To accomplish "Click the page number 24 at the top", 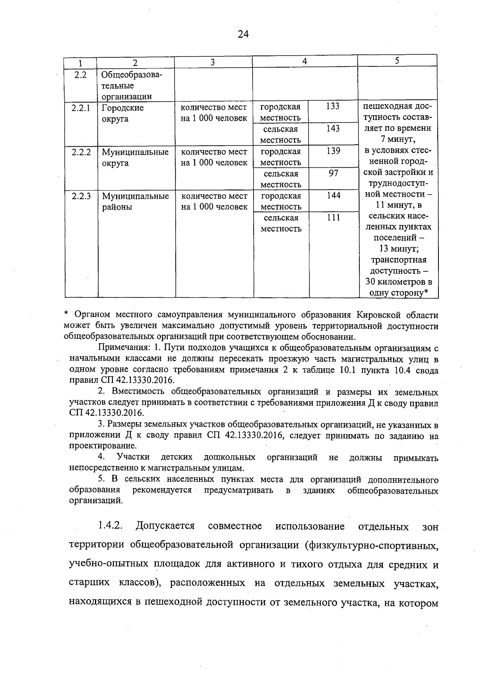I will click(243, 34).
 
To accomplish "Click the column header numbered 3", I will click(213, 62).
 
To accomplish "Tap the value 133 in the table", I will click(333, 106).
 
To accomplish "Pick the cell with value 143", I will click(333, 128).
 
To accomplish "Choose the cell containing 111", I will click(333, 217).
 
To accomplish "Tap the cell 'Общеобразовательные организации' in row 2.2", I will click(131, 85).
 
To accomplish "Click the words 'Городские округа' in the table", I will click(122, 113).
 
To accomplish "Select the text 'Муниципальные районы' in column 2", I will click(135, 202).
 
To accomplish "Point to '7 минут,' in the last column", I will click(397, 140).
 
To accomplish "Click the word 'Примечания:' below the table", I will click(124, 348).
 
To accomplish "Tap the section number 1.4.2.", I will click(110, 526).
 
